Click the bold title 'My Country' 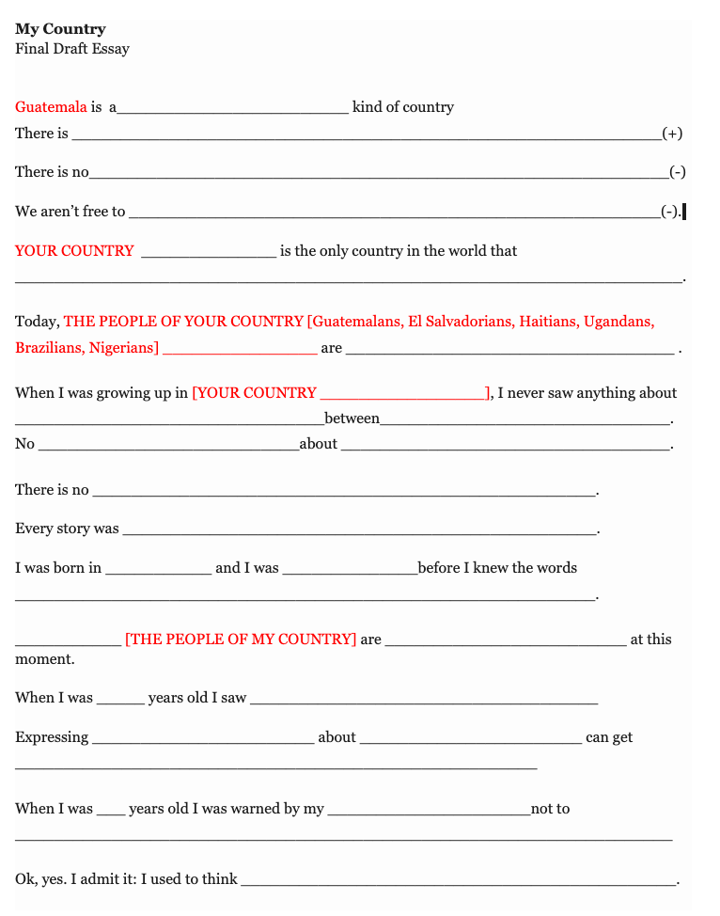pyautogui.click(x=60, y=29)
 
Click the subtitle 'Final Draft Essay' pyautogui.click(x=72, y=49)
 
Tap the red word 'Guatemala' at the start pyautogui.click(x=51, y=107)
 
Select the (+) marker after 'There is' pyautogui.click(x=672, y=134)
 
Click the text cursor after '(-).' pyautogui.click(x=684, y=212)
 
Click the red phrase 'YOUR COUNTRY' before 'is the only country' pyautogui.click(x=74, y=251)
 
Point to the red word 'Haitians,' pyautogui.click(x=547, y=322)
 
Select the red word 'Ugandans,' pyautogui.click(x=618, y=322)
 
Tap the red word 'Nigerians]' pyautogui.click(x=123, y=348)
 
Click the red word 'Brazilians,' pyautogui.click(x=50, y=348)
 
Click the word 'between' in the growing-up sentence pyautogui.click(x=352, y=419)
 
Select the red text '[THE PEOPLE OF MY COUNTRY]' pyautogui.click(x=241, y=640)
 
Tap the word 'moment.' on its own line pyautogui.click(x=45, y=659)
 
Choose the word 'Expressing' pyautogui.click(x=52, y=737)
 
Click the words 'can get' pyautogui.click(x=609, y=737)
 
